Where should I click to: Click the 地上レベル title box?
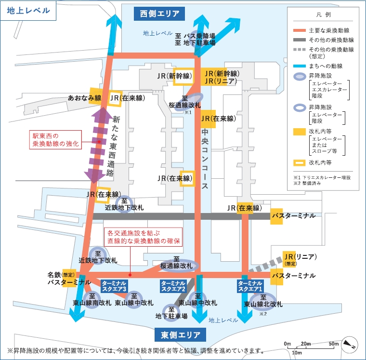pos(28,11)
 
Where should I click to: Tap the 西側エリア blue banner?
pos(159,14)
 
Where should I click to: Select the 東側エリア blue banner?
pos(180,335)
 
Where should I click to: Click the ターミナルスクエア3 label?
pos(114,286)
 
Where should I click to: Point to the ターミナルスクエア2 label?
pos(173,286)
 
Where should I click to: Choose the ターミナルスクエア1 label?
pos(250,286)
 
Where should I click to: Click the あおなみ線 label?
pos(84,98)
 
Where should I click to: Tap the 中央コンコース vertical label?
pos(205,159)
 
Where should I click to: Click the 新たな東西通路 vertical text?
pos(113,146)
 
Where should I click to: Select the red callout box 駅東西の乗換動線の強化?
pos(55,140)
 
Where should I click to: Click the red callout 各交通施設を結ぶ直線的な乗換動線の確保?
pos(143,237)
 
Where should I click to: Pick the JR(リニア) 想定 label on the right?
pos(301,259)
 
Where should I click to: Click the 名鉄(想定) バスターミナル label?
pos(69,279)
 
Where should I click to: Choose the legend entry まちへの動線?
pos(318,66)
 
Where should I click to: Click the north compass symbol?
pos(350,345)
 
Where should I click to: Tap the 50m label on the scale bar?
pos(334,344)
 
